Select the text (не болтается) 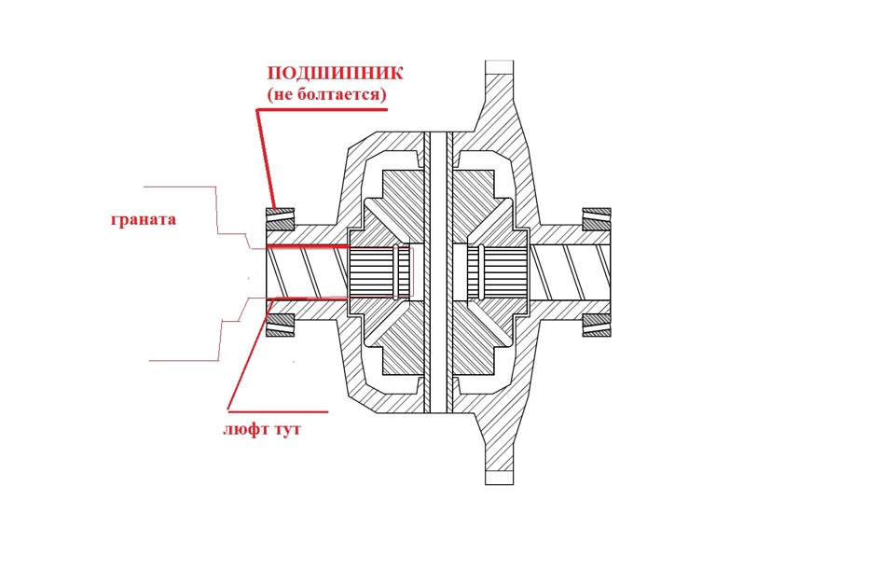[326, 95]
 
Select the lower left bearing [281, 325]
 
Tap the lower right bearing [596, 325]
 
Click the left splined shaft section [378, 272]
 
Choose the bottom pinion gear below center [436, 359]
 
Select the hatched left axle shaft [303, 272]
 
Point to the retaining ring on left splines [403, 272]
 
